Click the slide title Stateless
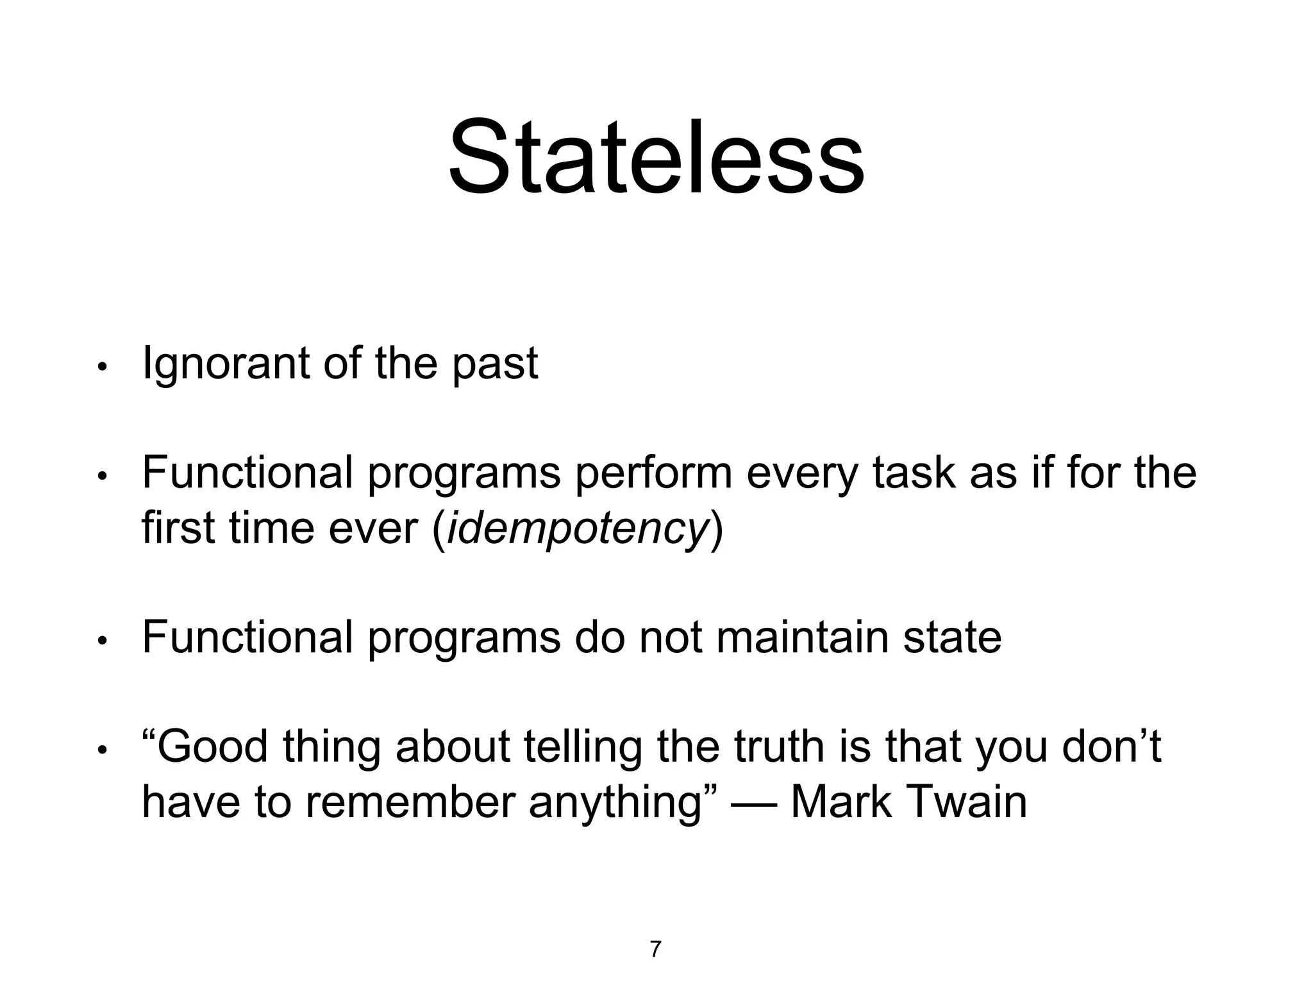[656, 157]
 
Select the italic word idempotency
[576, 530]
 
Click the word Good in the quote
[212, 747]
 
